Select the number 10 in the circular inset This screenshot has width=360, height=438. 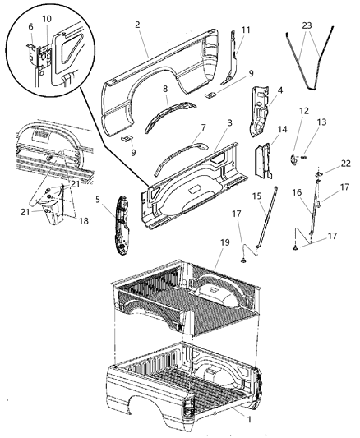click(x=47, y=18)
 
